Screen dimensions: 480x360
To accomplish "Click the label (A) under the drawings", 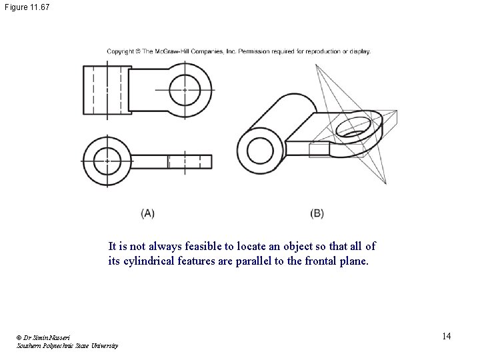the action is pos(148,213).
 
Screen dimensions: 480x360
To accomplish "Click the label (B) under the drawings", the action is pos(317,213).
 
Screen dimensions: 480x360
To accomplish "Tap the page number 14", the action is pos(446,336).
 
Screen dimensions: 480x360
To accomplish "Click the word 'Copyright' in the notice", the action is pos(121,51).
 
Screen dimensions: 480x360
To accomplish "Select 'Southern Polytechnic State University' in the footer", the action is pos(67,346).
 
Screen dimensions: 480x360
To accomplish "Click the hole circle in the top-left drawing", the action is pos(185,89).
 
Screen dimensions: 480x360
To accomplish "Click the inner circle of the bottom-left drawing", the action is pos(106,161).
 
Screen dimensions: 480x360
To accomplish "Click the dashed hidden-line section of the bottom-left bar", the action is pos(178,161).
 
